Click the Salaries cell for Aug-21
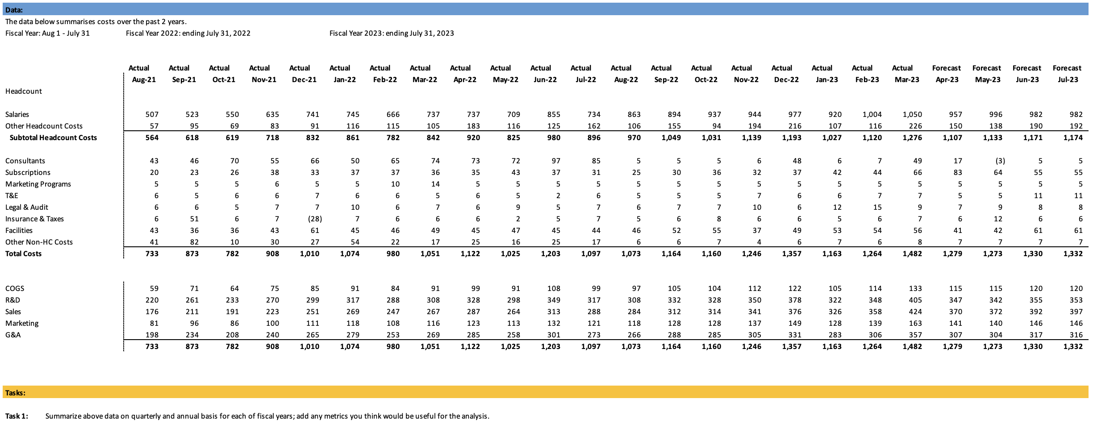click(152, 114)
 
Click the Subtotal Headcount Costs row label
click(53, 137)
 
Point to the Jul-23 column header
click(1068, 79)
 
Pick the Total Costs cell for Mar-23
click(912, 253)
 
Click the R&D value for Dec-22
click(795, 300)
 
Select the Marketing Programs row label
click(38, 184)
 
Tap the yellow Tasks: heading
click(15, 393)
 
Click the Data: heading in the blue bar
click(14, 10)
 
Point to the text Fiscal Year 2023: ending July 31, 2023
click(392, 33)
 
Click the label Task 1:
click(17, 416)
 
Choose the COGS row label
click(15, 288)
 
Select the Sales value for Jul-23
click(1076, 312)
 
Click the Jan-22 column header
click(344, 79)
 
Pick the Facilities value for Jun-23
click(1038, 230)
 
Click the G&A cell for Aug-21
click(152, 335)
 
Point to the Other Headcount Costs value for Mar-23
click(913, 126)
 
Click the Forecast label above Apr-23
click(946, 68)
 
